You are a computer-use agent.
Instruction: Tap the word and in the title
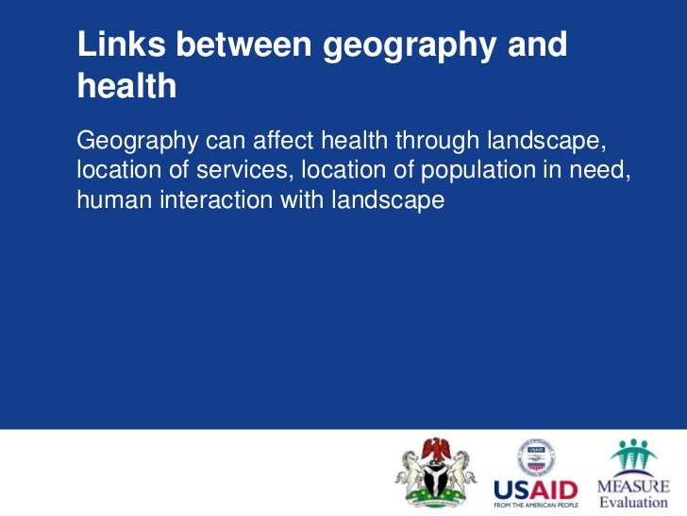(532, 44)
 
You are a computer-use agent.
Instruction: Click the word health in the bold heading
(126, 86)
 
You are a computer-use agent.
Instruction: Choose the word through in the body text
(438, 142)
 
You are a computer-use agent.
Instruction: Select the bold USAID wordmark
(535, 490)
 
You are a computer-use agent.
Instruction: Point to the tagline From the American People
(535, 506)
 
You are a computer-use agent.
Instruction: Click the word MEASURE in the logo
(633, 486)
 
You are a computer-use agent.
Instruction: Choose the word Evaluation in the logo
(633, 502)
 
